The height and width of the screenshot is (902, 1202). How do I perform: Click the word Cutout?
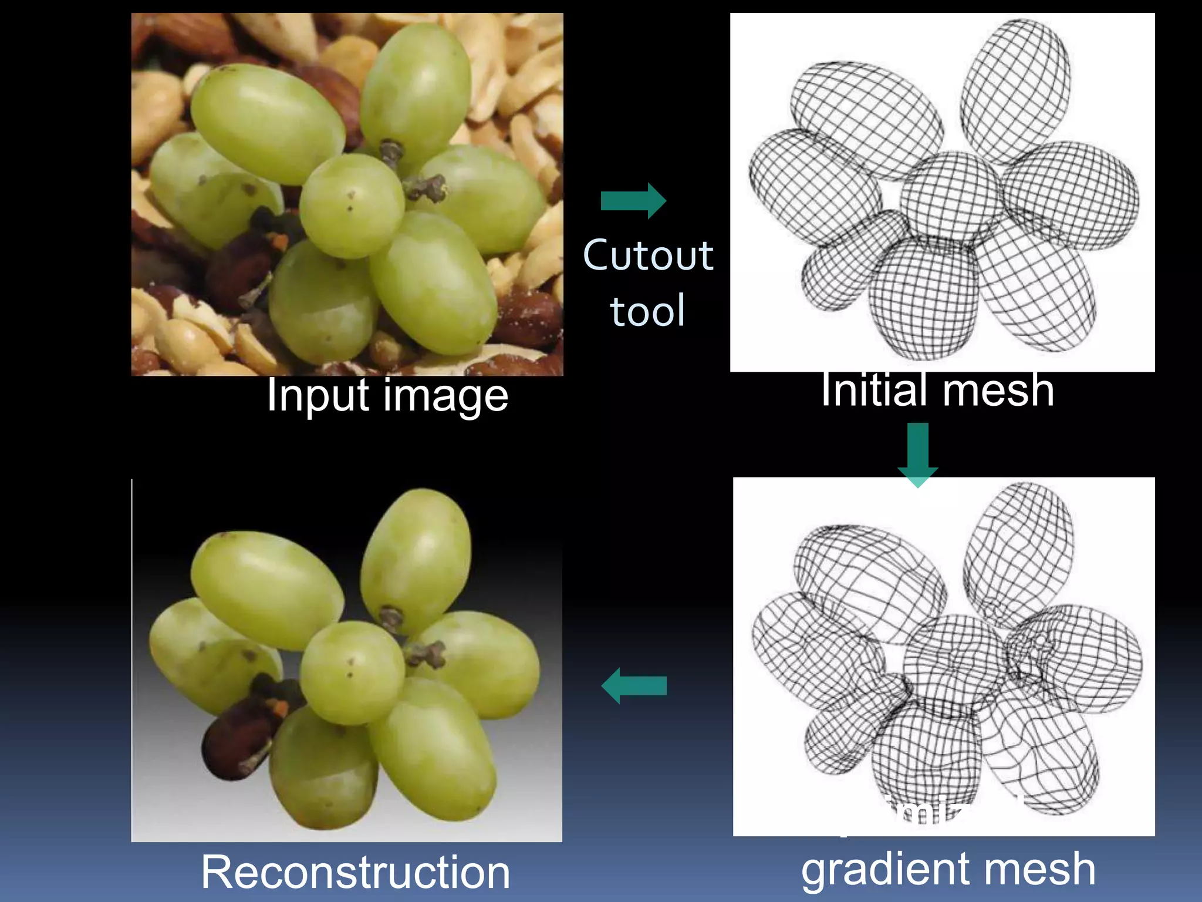[648, 256]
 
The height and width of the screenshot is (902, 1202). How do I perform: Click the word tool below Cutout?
[647, 310]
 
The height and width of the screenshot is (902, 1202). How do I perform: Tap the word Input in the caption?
[318, 396]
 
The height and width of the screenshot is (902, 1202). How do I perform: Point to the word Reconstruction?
[355, 872]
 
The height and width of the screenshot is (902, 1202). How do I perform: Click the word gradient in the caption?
[892, 870]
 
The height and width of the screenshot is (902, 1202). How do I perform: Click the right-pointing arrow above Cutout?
[633, 201]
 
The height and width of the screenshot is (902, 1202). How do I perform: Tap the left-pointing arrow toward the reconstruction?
[634, 685]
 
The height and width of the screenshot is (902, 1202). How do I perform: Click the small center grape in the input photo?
[352, 206]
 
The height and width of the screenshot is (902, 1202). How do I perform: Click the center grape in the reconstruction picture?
[352, 673]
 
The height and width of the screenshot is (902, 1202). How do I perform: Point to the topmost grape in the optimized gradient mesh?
[1018, 552]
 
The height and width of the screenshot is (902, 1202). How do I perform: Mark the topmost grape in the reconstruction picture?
[416, 558]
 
